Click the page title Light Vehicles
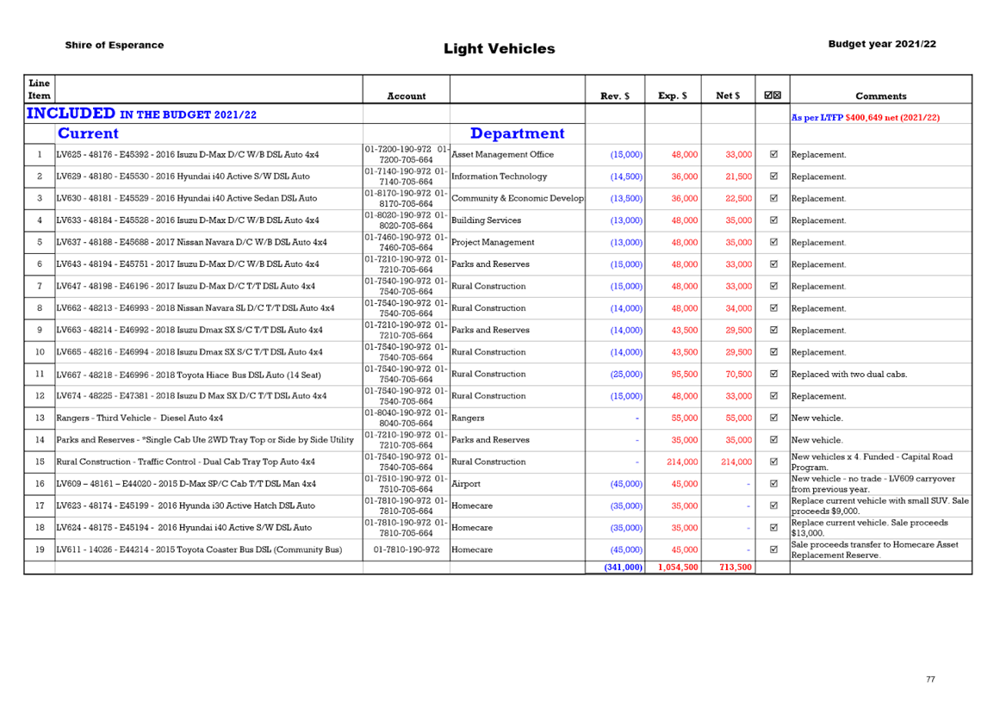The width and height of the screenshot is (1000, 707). click(x=500, y=48)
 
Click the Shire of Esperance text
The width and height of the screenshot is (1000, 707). click(x=115, y=45)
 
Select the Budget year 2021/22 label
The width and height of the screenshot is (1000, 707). click(x=882, y=44)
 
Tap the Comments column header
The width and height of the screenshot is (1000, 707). click(x=881, y=96)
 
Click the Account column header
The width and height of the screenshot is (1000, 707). click(x=407, y=96)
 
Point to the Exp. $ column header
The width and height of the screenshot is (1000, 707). click(x=673, y=96)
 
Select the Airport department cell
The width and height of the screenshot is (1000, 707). click(x=466, y=484)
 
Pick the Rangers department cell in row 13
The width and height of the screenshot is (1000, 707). click(x=468, y=419)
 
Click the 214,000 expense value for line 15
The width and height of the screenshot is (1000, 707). click(x=682, y=462)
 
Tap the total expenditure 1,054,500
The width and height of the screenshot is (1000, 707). click(x=678, y=567)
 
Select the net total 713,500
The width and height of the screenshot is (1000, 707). click(x=736, y=567)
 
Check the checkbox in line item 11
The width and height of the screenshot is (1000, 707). click(x=773, y=374)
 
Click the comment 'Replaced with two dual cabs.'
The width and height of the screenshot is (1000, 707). click(x=849, y=375)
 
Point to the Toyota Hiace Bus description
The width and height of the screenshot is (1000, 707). click(x=189, y=375)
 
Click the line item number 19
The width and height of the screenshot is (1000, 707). click(x=40, y=549)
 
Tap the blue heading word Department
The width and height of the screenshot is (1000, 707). click(x=517, y=133)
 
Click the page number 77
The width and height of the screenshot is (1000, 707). click(x=930, y=679)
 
